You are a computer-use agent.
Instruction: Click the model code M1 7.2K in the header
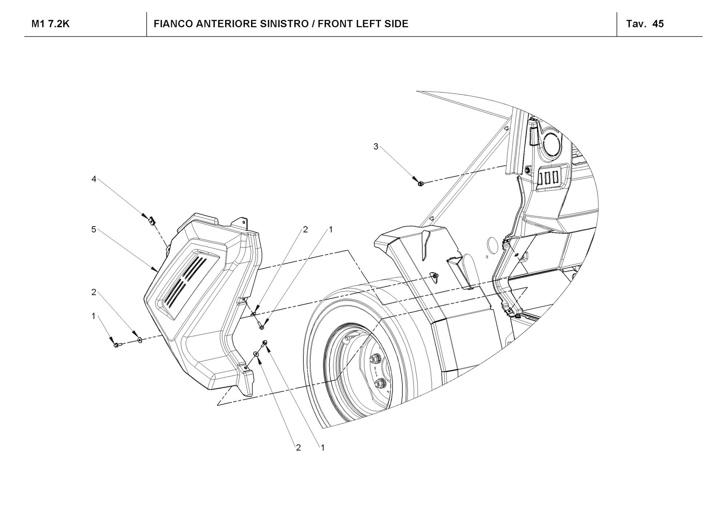point(51,24)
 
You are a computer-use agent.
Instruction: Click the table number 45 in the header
point(658,24)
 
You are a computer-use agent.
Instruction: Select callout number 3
point(376,146)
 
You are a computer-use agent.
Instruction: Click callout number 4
point(94,179)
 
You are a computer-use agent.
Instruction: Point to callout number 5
point(94,229)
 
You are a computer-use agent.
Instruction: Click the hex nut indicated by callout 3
point(420,184)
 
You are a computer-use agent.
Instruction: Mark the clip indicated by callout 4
point(152,220)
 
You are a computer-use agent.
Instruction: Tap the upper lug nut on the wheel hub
point(374,359)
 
